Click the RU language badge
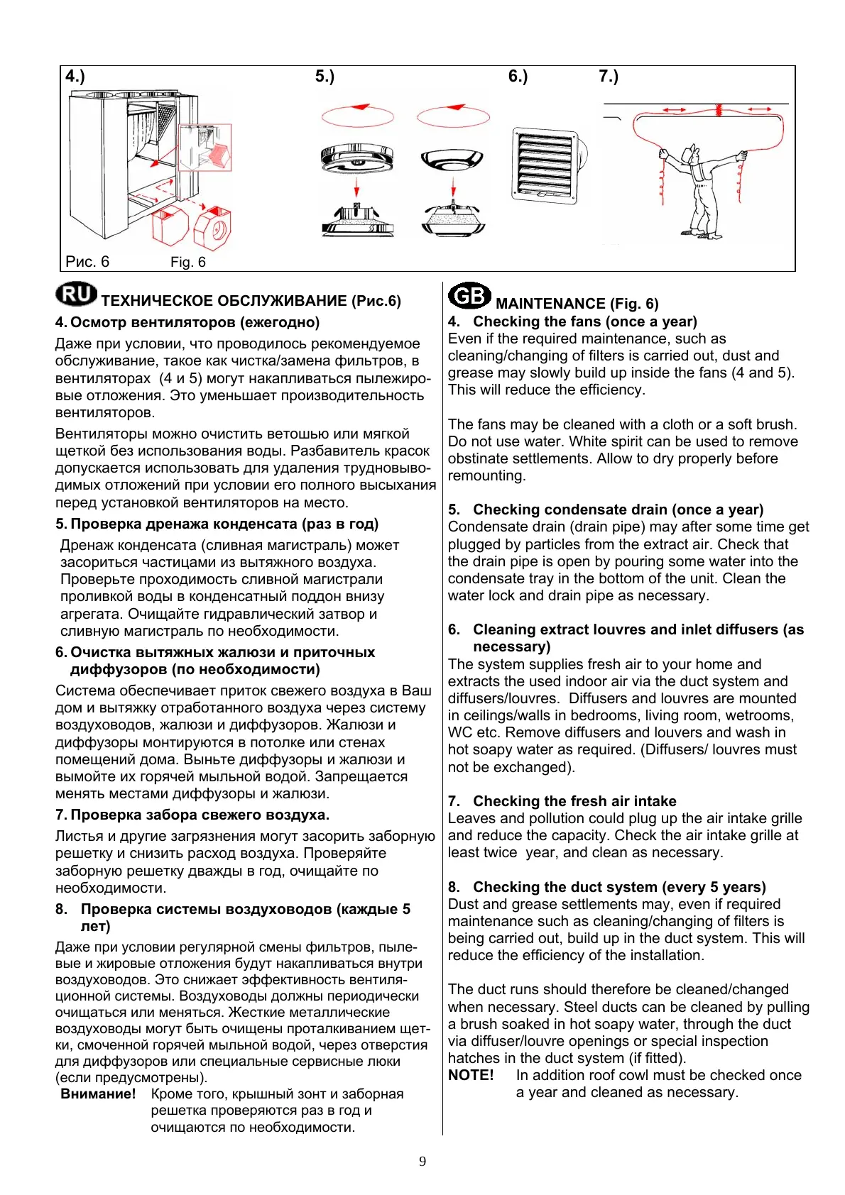coord(77,294)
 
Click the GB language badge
coord(469,295)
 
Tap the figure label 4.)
coord(75,76)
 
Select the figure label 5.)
coord(325,76)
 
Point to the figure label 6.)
coord(518,76)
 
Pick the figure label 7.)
coord(609,76)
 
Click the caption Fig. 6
coord(187,262)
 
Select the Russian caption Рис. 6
coord(87,261)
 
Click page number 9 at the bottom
coord(422,1161)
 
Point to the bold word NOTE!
coord(471,1075)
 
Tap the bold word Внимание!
coord(98,1094)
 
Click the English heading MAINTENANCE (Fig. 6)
coord(577,304)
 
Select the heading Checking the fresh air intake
coord(574,801)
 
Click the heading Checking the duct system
coord(619,887)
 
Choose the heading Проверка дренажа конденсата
coord(224,524)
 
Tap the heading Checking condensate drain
coord(618,510)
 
